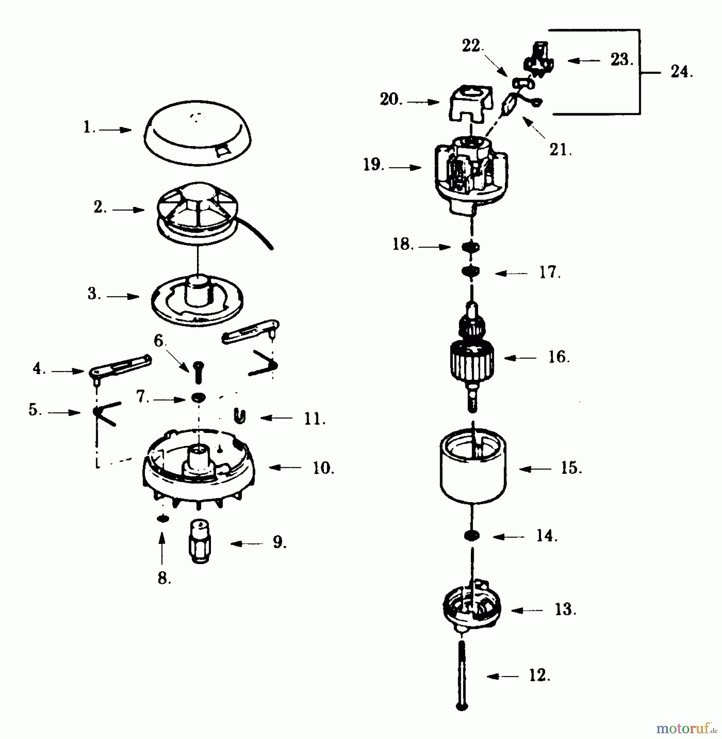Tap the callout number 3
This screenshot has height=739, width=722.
coord(94,294)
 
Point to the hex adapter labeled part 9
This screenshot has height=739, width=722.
coord(200,543)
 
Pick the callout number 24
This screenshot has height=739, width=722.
coord(681,72)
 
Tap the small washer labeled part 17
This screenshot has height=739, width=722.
coord(470,271)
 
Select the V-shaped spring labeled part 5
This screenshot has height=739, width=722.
coord(105,413)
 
